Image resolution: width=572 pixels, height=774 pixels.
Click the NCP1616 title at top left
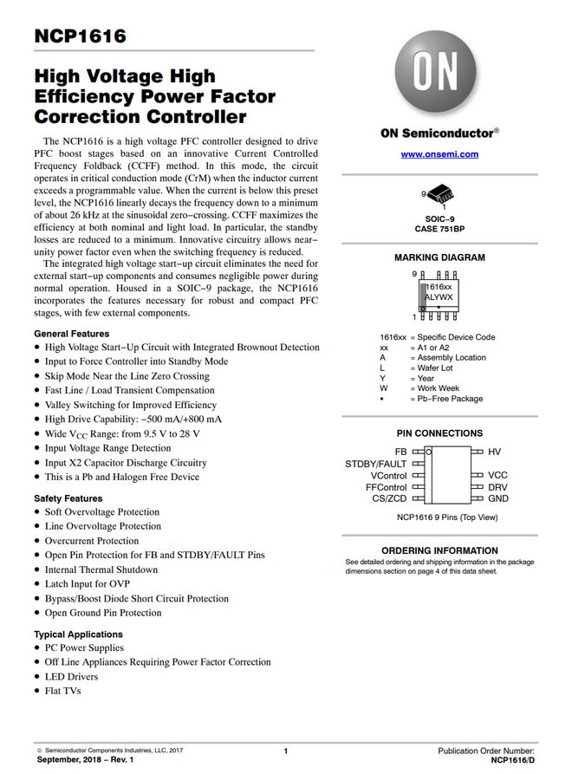click(80, 36)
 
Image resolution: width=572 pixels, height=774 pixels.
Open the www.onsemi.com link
click(439, 153)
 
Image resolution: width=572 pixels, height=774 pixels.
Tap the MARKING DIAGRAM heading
click(439, 257)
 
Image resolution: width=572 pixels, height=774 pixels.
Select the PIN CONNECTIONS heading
click(439, 433)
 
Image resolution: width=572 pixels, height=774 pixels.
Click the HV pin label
click(494, 452)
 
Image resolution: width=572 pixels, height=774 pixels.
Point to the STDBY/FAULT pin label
click(376, 464)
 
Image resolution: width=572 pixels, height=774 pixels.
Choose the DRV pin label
click(497, 487)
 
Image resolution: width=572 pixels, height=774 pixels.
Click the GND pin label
click(498, 498)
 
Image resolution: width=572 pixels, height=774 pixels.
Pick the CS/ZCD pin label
click(389, 498)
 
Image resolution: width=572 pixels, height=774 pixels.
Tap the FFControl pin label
click(386, 487)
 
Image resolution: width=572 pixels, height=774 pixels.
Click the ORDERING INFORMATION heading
click(439, 550)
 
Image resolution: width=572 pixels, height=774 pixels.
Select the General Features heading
click(72, 334)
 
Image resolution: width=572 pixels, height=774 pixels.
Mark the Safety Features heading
click(68, 498)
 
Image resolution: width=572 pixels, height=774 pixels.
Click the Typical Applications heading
click(79, 634)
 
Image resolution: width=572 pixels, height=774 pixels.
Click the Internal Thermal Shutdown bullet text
click(101, 569)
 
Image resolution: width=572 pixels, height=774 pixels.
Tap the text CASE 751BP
click(439, 229)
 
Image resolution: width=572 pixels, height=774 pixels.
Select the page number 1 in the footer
click(285, 751)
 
